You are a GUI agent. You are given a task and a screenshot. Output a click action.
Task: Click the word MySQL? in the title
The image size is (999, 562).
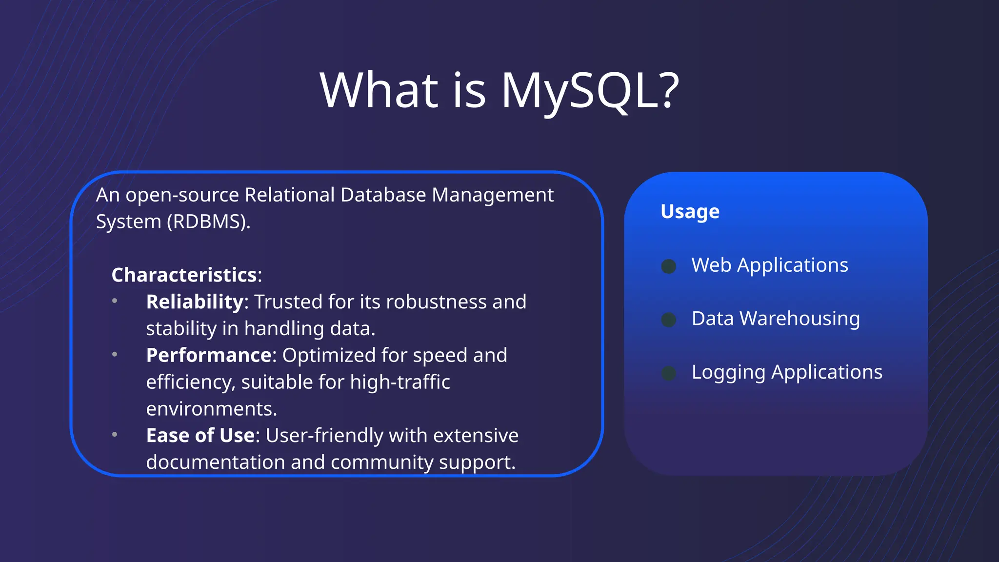coord(590,90)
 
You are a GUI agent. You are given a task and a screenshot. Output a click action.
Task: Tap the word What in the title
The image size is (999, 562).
coord(379,90)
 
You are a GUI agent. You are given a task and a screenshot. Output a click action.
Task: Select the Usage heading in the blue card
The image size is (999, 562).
coord(690,212)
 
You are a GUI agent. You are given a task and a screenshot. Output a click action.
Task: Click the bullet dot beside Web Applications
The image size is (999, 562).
coord(669,266)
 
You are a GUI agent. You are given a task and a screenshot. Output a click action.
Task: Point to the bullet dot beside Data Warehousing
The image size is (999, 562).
coord(669,320)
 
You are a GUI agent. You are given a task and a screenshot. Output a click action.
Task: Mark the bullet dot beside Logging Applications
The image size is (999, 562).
coord(669,373)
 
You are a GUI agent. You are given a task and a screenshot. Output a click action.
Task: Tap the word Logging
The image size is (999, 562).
coord(728,373)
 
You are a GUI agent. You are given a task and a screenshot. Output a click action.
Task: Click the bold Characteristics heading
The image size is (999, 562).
coord(184,275)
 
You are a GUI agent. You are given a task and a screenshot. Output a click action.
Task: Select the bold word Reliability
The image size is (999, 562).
coord(195,302)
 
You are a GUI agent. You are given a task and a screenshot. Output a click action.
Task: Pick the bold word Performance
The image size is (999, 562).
coord(209,355)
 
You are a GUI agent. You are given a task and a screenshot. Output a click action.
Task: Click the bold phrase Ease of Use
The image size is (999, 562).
coord(200,436)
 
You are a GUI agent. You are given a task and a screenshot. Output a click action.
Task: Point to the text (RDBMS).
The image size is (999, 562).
coord(208,222)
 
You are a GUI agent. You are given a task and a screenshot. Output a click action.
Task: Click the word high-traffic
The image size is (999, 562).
coord(400,382)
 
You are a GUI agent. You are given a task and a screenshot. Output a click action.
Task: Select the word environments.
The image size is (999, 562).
coord(211,409)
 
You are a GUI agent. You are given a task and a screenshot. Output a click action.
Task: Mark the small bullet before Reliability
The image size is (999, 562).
coord(115,301)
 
